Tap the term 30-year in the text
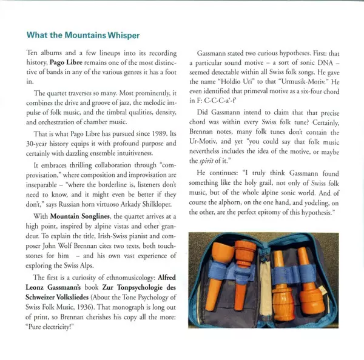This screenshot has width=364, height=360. pos(40,144)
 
